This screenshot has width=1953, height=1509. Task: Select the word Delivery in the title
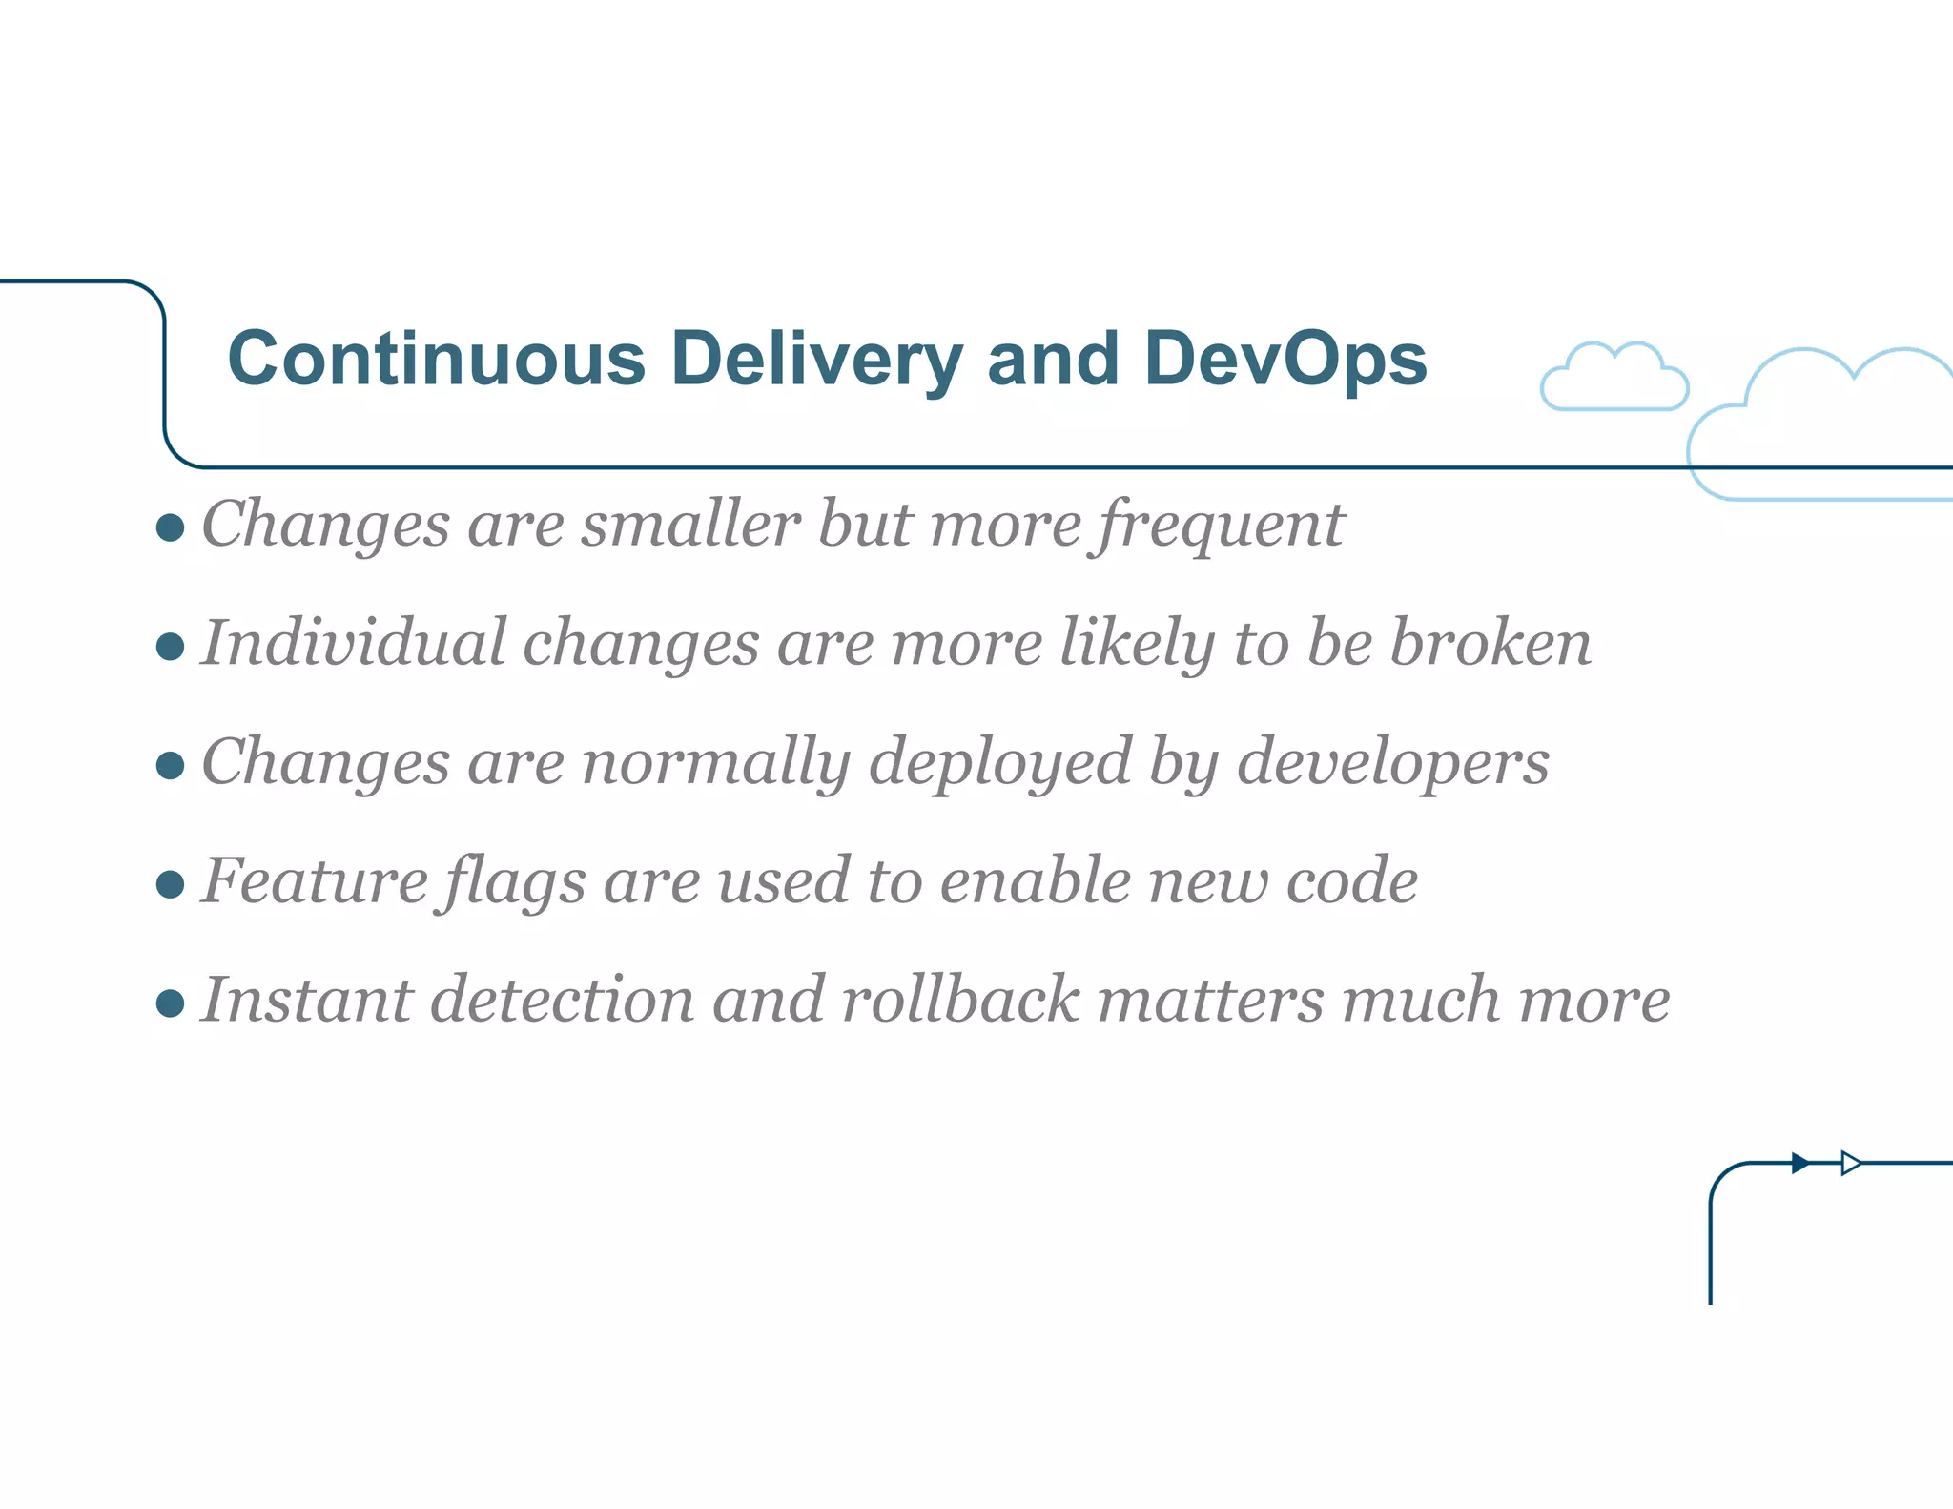[x=816, y=360]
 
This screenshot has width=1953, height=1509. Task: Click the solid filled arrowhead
[x=1800, y=1163]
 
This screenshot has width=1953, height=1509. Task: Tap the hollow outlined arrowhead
[x=1851, y=1163]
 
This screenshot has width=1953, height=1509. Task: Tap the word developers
[x=1392, y=762]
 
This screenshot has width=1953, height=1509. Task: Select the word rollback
[x=960, y=1000]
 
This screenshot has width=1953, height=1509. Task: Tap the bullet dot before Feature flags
[x=170, y=884]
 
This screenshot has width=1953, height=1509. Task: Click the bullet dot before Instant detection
[x=170, y=1003]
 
